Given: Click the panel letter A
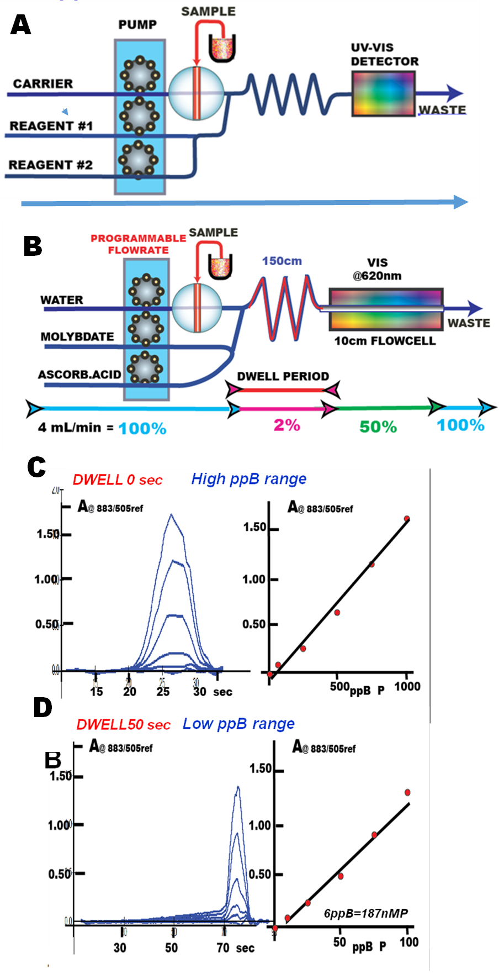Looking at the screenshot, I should [21, 25].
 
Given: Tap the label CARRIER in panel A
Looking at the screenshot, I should [43, 83].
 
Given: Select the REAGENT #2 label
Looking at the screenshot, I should [50, 165].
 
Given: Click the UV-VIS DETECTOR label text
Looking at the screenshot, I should [385, 54].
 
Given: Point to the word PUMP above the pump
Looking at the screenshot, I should [137, 25].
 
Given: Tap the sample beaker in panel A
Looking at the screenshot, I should [222, 48].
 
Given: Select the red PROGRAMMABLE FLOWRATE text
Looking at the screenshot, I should [138, 244].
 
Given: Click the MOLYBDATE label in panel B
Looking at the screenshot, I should [77, 336].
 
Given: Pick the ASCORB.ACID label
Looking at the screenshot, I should [79, 374].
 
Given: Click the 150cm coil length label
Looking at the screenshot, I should [282, 261].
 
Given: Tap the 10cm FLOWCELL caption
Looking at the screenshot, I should [385, 341].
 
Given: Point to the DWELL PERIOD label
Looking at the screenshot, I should [283, 376].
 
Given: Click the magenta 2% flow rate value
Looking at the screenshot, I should [287, 425].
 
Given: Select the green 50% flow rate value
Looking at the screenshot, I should [378, 427].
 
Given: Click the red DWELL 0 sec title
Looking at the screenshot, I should [118, 480].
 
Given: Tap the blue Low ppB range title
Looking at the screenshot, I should [238, 724].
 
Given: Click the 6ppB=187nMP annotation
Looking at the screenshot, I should [365, 913].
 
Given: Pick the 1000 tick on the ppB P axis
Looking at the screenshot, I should [407, 686].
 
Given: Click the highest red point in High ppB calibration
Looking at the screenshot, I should [407, 518].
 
